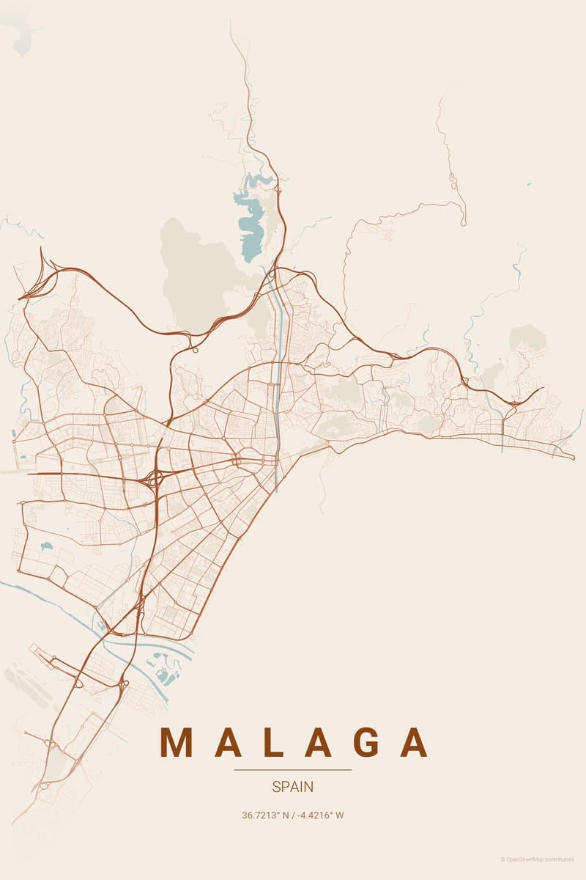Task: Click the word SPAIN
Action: pos(292,787)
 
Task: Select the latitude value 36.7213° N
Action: pos(266,815)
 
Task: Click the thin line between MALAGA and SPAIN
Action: pos(292,770)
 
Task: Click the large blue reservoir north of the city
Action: pos(252,220)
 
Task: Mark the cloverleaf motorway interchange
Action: pos(155,479)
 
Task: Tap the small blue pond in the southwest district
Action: pos(47,546)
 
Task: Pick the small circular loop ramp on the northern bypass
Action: pos(194,349)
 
